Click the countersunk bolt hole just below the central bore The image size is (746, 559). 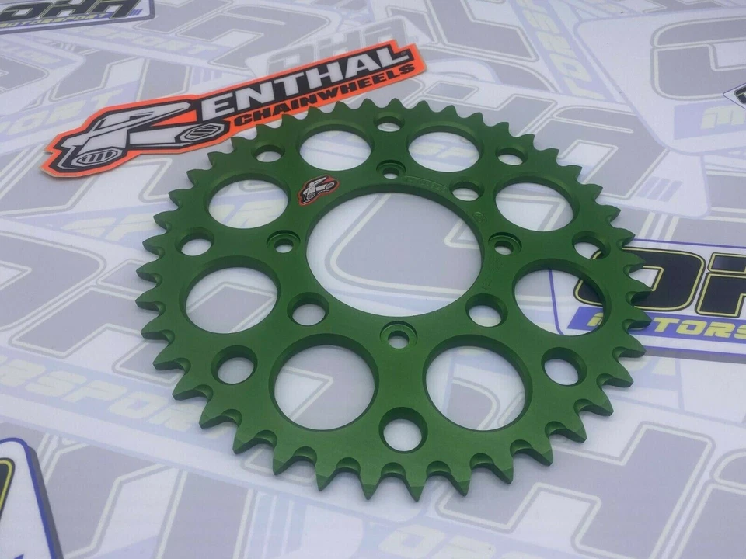(x=398, y=339)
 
